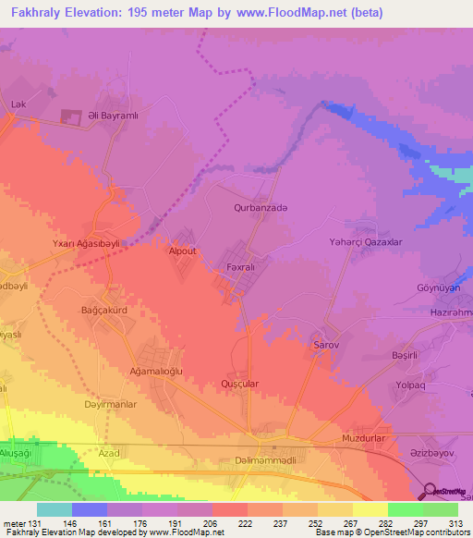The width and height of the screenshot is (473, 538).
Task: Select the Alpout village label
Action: point(181,251)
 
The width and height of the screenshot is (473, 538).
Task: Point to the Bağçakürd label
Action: point(103,310)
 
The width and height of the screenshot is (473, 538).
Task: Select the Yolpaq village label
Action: point(409,385)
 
